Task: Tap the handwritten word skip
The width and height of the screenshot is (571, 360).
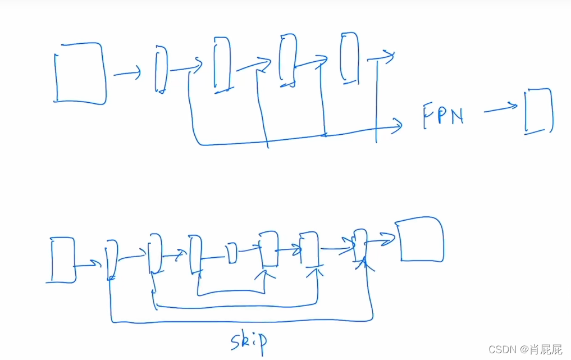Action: click(248, 341)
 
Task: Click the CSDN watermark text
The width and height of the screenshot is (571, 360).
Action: click(525, 349)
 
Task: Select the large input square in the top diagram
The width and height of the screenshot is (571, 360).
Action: click(80, 74)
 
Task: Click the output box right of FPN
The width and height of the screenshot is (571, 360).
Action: click(538, 111)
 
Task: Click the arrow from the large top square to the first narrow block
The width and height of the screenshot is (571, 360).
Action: click(127, 73)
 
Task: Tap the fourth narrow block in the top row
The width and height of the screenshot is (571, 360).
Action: click(349, 58)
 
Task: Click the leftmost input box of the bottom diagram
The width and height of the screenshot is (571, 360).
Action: click(63, 259)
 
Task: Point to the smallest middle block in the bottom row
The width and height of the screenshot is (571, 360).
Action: click(232, 254)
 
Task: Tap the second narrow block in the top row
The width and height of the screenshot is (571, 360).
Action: click(222, 63)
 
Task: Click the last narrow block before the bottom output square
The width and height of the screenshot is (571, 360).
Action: click(360, 245)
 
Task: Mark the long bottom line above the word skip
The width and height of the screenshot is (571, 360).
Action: click(241, 321)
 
